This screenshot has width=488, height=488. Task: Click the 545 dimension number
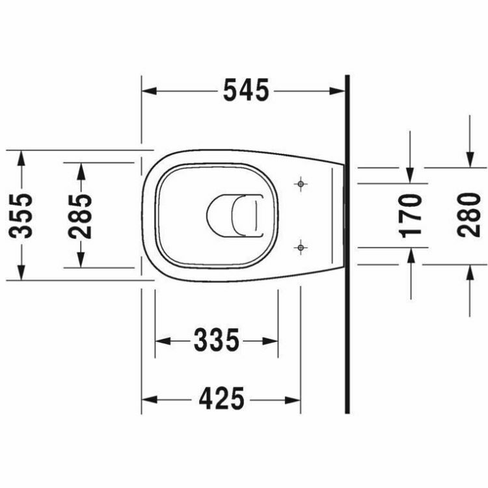(245, 91)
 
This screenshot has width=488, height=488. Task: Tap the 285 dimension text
(81, 215)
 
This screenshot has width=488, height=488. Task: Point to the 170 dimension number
(411, 215)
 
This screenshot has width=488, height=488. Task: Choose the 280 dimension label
(469, 215)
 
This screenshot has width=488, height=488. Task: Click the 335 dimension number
(217, 340)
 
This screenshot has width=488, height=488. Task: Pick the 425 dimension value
(221, 399)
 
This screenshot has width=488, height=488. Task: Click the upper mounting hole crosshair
(300, 184)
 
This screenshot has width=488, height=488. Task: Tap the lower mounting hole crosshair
(300, 247)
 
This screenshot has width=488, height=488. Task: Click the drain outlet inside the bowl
(234, 215)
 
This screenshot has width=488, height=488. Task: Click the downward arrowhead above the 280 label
(469, 160)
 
